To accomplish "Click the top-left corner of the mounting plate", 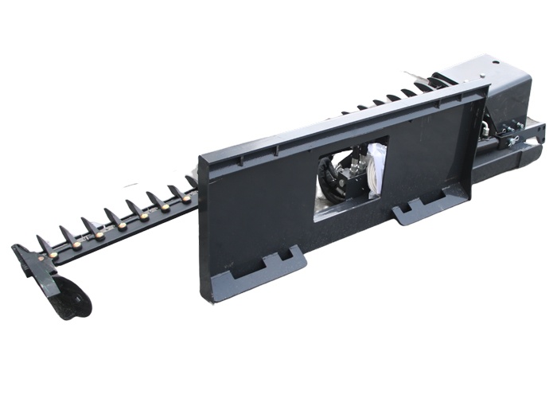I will [x=199, y=154].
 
